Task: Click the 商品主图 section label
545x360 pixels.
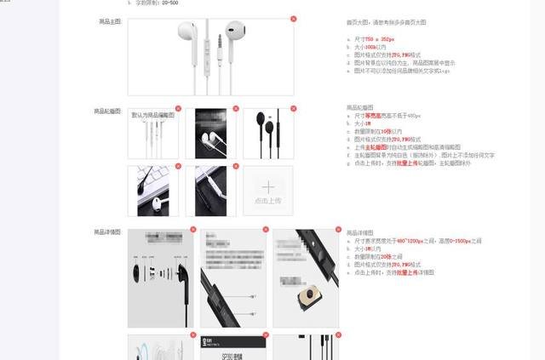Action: coord(110,20)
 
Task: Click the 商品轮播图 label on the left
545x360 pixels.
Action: coord(108,111)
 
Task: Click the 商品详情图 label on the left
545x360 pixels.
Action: coord(108,231)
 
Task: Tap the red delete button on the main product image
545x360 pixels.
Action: coord(293,19)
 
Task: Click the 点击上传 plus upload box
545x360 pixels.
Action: coord(268,191)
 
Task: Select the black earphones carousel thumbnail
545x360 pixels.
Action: coord(268,133)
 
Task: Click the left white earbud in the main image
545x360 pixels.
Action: coord(185,33)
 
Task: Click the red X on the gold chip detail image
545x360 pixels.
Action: coord(338,229)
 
